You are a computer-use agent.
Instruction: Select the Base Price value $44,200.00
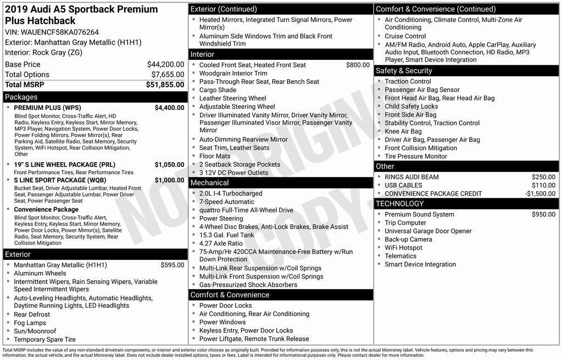pos(165,64)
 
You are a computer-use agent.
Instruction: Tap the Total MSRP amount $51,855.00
pos(165,85)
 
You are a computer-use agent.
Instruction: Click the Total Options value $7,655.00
pos(168,74)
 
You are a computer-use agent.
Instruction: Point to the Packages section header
pos(21,97)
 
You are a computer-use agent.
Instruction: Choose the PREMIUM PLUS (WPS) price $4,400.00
pos(169,108)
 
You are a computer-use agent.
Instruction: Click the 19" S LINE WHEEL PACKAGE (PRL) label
pos(64,164)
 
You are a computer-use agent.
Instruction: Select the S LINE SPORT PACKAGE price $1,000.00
pos(169,180)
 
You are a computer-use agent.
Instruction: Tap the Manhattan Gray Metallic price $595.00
pos(172,265)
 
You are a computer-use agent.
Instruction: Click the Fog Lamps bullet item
pos(30,323)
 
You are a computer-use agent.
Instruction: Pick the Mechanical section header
pos(209,182)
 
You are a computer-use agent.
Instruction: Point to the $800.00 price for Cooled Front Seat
pos(358,65)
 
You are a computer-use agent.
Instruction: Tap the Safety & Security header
pos(404,71)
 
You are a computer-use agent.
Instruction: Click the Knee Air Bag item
pos(403,131)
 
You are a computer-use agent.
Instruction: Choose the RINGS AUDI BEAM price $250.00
pos(543,177)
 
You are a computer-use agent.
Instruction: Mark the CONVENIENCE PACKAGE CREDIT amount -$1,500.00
pos(540,193)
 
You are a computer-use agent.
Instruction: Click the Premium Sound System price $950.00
pos(543,214)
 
